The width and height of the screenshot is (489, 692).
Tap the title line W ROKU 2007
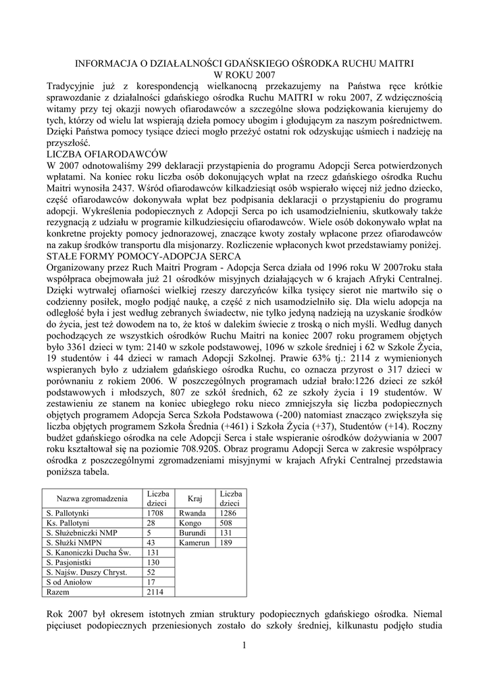244,75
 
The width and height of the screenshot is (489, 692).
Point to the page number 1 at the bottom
244,647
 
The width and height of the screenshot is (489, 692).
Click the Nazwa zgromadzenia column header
92,499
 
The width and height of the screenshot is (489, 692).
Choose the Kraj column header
195,499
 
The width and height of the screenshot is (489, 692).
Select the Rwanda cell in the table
192,514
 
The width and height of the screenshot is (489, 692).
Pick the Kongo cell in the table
190,523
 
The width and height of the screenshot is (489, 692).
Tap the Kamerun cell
195,543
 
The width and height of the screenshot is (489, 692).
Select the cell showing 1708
156,514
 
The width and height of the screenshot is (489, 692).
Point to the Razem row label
57,592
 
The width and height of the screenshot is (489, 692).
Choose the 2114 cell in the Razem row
156,592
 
